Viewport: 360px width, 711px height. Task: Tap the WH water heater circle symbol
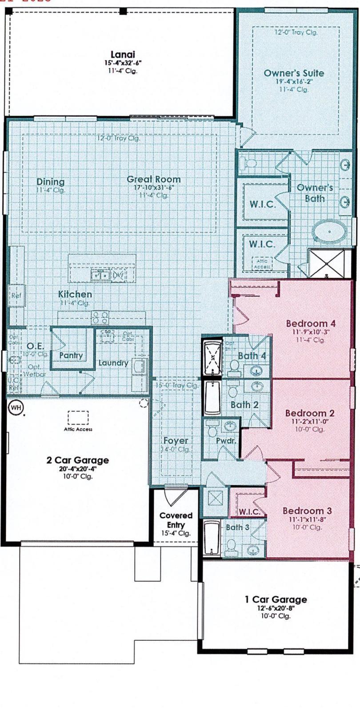pos(16,407)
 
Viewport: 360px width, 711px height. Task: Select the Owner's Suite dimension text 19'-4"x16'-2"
pos(294,81)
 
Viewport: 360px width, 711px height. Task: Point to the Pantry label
pos(71,355)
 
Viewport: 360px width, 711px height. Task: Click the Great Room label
pos(153,179)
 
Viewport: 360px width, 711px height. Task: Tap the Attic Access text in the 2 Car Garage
pos(78,429)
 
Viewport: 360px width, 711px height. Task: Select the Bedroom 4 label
pos(310,323)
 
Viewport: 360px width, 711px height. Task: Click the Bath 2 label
pos(244,404)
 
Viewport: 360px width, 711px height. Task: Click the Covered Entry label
pos(176,520)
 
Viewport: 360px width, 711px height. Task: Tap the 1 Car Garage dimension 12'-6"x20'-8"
pos(276,608)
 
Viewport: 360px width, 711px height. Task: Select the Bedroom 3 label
pos(307,511)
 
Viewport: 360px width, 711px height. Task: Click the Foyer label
pos(176,440)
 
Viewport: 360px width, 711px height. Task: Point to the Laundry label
pos(113,363)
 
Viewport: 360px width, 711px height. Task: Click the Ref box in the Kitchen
pos(16,296)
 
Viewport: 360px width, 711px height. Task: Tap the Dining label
pos(50,181)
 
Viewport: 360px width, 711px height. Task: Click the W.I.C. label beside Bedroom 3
pos(249,511)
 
